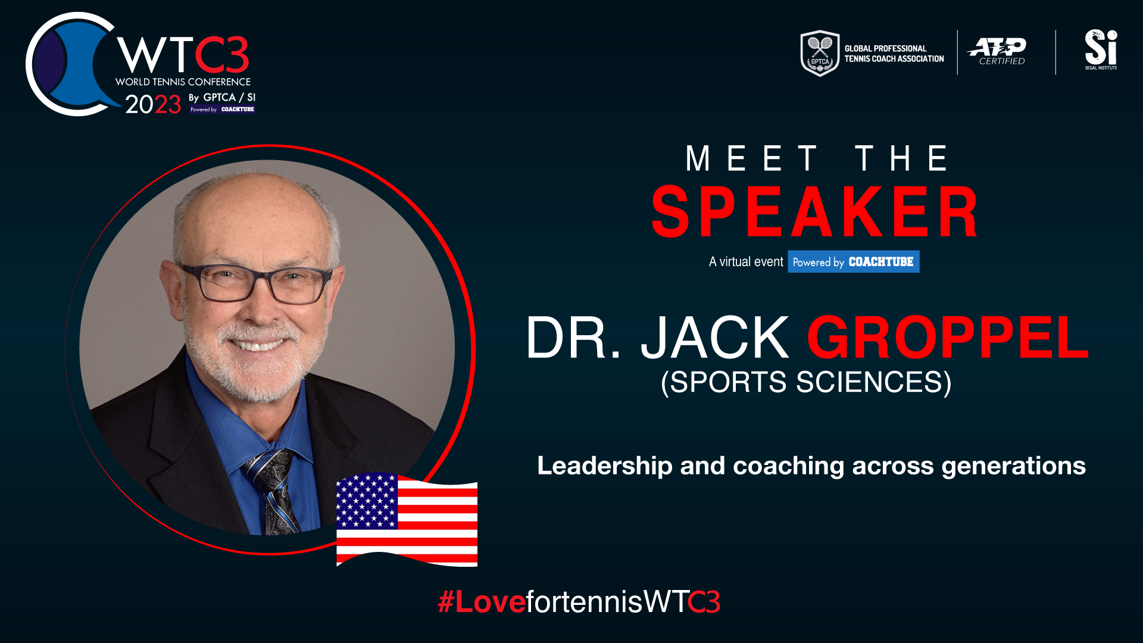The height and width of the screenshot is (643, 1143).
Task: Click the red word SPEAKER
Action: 815,212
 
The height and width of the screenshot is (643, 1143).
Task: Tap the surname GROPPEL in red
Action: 948,338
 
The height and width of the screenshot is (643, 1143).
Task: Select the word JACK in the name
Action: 715,338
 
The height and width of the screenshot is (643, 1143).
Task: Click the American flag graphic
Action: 407,520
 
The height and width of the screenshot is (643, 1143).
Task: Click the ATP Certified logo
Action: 997,51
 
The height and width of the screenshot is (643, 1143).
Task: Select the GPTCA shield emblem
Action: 820,53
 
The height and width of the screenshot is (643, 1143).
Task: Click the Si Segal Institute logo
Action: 1101,49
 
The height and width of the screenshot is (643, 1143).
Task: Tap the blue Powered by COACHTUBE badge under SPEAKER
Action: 853,261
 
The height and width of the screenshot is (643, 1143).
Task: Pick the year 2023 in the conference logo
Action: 153,104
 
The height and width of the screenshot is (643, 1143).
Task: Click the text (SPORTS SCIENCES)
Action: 806,382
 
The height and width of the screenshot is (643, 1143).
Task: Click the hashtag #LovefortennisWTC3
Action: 579,601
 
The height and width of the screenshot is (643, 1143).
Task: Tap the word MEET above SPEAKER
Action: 752,158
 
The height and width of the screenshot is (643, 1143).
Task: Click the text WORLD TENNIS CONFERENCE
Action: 183,82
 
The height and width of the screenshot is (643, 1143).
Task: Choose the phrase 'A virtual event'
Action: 746,262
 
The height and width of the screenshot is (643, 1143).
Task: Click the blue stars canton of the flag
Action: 367,501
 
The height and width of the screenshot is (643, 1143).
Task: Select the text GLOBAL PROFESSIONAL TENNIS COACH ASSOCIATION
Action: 894,54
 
